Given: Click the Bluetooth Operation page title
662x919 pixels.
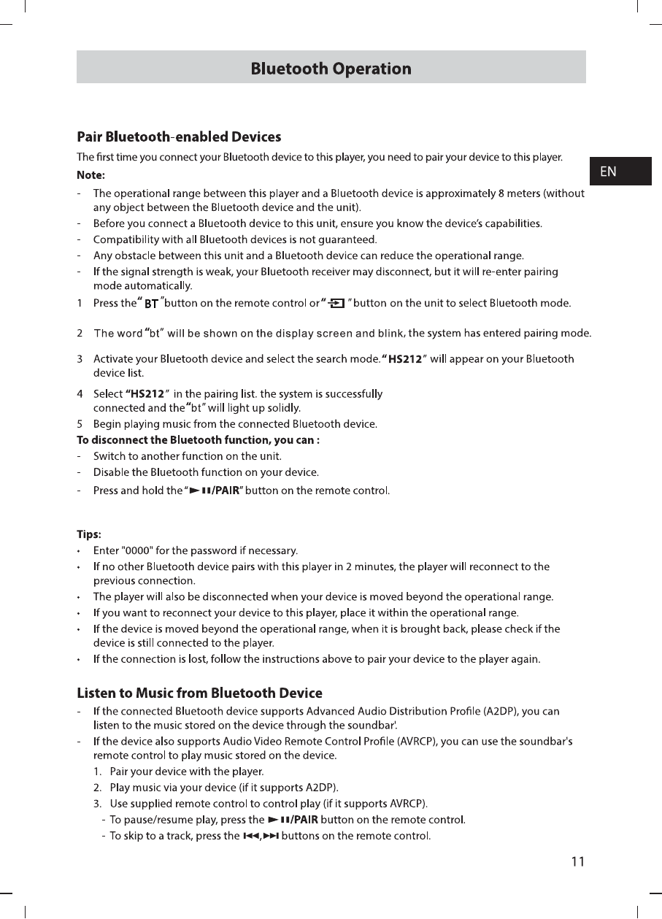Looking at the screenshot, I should [331, 69].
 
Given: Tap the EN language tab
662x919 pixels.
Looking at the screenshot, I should [608, 172].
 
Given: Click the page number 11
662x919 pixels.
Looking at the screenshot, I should [577, 862].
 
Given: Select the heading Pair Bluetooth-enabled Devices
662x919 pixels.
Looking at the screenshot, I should [179, 136].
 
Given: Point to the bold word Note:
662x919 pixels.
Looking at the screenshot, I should [91, 175].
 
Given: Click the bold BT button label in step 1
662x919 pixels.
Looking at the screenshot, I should [152, 304].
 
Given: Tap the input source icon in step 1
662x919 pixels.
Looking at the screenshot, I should [336, 304].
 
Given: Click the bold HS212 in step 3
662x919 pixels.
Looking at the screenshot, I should [406, 358].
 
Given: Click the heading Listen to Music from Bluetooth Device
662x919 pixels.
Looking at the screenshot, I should [199, 693].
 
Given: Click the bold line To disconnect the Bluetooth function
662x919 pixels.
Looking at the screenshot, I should [199, 440].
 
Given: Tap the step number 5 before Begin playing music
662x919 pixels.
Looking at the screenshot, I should [80, 423].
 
